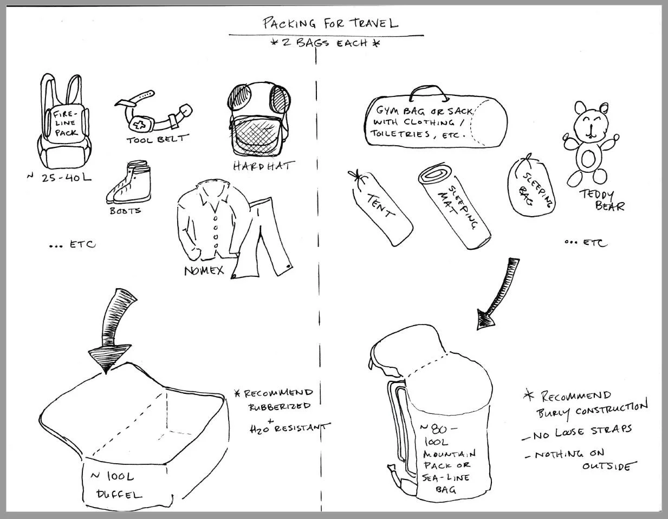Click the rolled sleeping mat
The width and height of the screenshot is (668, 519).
[455, 207]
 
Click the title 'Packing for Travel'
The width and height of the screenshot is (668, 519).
[330, 23]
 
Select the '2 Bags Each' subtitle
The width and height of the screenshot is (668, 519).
[325, 43]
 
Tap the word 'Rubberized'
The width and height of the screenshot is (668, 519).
[280, 405]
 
